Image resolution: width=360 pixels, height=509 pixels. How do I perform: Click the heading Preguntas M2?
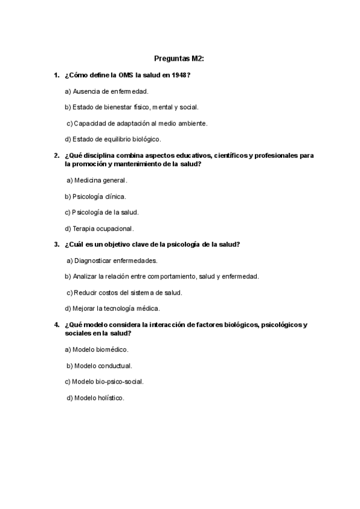pos(179,59)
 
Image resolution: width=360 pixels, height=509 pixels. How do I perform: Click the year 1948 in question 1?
pos(179,75)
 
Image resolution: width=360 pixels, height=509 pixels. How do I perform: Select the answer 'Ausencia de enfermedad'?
pos(106,91)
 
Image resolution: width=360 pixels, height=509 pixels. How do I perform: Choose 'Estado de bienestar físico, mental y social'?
pos(131,107)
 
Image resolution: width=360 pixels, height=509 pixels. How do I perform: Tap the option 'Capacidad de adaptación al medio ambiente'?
pos(137,123)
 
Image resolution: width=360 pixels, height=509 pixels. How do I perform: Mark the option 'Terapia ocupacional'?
pos(99,229)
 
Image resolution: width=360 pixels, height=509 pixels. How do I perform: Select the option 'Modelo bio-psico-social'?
pos(104,381)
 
